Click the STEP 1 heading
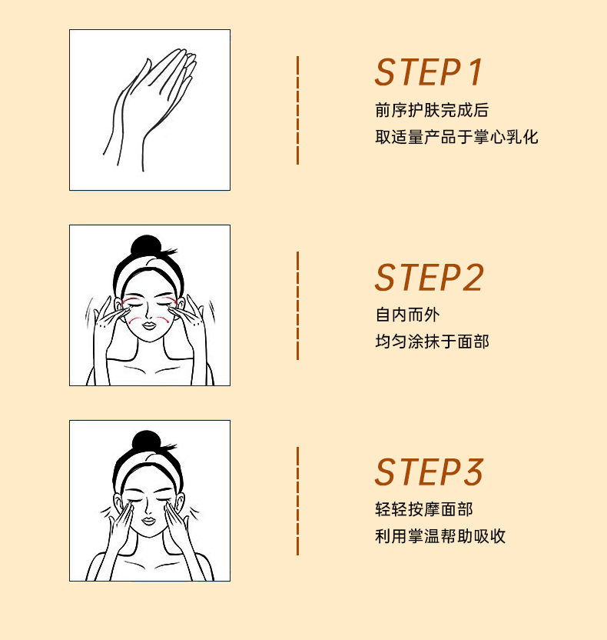pyautogui.click(x=429, y=72)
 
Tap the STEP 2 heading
pyautogui.click(x=429, y=278)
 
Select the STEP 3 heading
pyautogui.click(x=429, y=472)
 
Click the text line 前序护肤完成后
pyautogui.click(x=432, y=110)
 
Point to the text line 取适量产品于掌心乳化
pyautogui.click(x=456, y=137)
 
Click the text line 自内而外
pyautogui.click(x=407, y=315)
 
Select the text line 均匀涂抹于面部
pyautogui.click(x=432, y=342)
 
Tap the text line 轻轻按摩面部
pyautogui.click(x=423, y=509)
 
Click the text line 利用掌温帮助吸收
pyautogui.click(x=439, y=536)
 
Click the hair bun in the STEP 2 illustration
pyautogui.click(x=146, y=245)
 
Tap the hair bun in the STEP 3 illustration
pyautogui.click(x=146, y=442)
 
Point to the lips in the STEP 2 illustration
pyautogui.click(x=149, y=325)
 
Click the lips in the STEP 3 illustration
pyautogui.click(x=149, y=522)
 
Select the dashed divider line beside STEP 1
pyautogui.click(x=298, y=110)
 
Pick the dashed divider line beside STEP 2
pyautogui.click(x=298, y=305)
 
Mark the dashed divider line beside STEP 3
pyautogui.click(x=298, y=501)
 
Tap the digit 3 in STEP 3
pyautogui.click(x=473, y=472)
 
